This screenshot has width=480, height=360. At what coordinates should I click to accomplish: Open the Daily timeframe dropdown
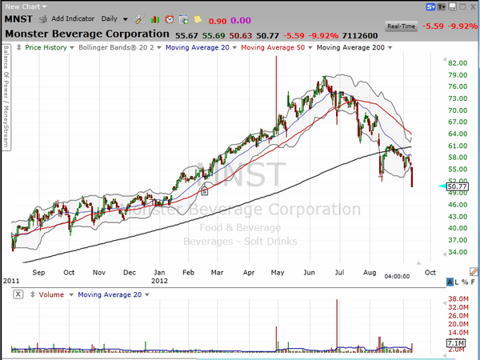(x=112, y=18)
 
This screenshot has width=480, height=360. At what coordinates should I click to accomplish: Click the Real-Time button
(x=402, y=26)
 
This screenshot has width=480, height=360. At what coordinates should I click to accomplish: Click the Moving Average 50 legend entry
(x=274, y=48)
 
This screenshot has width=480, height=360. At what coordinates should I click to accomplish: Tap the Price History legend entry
(x=45, y=48)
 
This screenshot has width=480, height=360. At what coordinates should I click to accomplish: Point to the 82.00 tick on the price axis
(x=458, y=62)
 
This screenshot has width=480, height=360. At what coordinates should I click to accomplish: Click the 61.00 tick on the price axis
(x=458, y=146)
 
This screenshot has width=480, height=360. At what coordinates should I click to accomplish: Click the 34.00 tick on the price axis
(x=458, y=252)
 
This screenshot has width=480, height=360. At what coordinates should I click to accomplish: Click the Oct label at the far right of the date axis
(x=430, y=272)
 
